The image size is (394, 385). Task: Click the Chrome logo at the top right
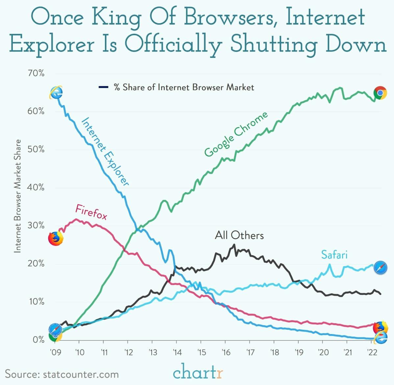point(380,93)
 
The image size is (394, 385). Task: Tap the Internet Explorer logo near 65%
point(56,92)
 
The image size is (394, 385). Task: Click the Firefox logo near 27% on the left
point(56,239)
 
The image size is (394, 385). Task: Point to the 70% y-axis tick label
point(36,73)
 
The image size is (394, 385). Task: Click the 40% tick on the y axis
point(36,187)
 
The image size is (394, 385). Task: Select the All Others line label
point(239,235)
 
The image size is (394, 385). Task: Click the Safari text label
point(334,255)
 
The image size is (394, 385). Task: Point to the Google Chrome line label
point(236,135)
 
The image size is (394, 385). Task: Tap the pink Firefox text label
point(91,212)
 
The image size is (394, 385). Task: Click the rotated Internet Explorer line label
point(105,152)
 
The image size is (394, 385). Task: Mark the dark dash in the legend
point(103,87)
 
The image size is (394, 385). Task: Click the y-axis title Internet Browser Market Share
point(18,196)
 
